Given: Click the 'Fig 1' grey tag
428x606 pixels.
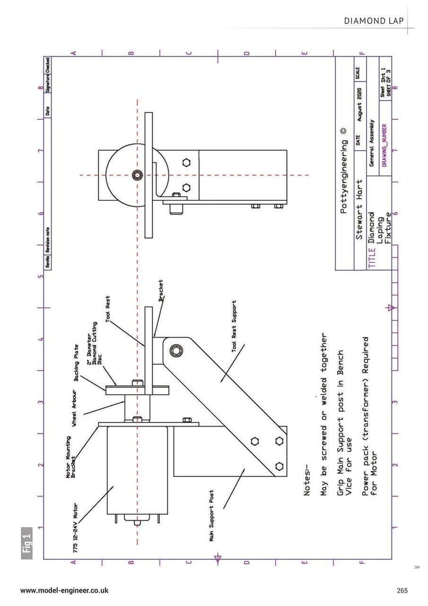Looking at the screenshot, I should (x=27, y=543).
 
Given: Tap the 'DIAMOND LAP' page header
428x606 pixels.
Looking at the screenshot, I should (x=375, y=21).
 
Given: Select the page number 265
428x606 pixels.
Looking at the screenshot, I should (x=402, y=590).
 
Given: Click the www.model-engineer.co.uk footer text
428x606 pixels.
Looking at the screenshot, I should (x=64, y=590).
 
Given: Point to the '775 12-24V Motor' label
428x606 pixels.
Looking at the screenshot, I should (x=76, y=527).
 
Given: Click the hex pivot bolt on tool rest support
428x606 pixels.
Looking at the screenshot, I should (x=175, y=351).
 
